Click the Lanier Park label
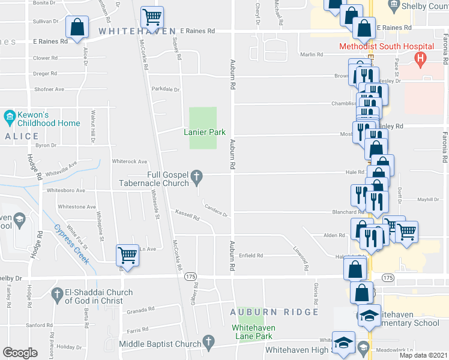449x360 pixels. click(x=200, y=132)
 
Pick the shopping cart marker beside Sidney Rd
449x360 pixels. click(x=152, y=18)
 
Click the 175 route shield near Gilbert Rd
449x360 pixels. click(x=190, y=276)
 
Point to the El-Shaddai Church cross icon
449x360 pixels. click(x=57, y=295)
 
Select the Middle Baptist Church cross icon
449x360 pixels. click(x=208, y=343)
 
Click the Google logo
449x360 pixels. click(x=20, y=353)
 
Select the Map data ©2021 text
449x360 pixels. click(x=423, y=355)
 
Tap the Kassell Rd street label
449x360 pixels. click(x=187, y=214)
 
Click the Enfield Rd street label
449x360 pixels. click(x=252, y=256)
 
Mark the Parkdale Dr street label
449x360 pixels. click(x=166, y=89)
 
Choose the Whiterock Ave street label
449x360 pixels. click(x=130, y=161)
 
